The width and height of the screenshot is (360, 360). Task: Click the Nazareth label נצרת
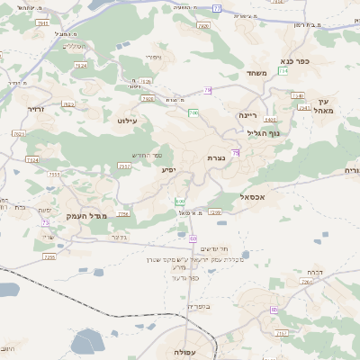click(216, 158)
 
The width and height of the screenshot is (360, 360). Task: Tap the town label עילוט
click(126, 119)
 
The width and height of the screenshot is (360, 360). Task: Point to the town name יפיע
click(168, 169)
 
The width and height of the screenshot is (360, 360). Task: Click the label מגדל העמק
click(86, 216)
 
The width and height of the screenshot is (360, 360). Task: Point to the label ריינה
click(248, 115)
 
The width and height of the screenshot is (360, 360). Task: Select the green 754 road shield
click(283, 70)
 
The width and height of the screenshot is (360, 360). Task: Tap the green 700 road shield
click(193, 112)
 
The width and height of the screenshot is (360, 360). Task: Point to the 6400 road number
click(271, 119)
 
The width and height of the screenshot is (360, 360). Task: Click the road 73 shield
click(46, 221)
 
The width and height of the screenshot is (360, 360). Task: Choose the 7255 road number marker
click(49, 256)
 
